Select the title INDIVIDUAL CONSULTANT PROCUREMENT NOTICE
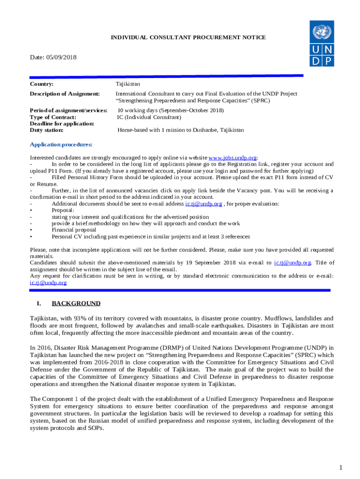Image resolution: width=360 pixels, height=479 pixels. (188, 37)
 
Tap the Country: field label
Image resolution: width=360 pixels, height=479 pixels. (42, 84)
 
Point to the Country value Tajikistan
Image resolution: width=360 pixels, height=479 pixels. (128, 84)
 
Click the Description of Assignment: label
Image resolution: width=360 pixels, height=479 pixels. (65, 94)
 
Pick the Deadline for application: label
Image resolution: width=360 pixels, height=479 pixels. (62, 123)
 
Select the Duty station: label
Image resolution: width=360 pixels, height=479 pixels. (46, 130)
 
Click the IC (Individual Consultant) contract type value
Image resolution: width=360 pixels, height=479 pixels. (149, 117)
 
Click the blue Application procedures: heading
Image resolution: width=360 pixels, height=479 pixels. (61, 145)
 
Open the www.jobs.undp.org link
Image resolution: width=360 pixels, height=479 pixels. (232, 158)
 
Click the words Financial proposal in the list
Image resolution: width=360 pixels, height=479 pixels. (74, 230)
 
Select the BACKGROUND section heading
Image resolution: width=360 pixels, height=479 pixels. (76, 304)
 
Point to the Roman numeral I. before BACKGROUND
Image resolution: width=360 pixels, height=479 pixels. (39, 304)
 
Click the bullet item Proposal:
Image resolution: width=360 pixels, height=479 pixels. (63, 210)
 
